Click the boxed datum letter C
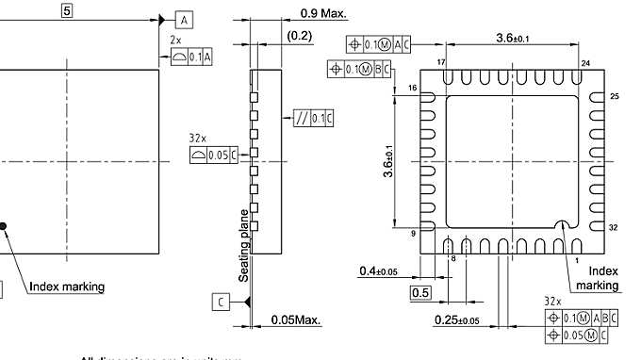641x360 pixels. [220, 302]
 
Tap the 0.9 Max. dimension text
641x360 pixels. [323, 13]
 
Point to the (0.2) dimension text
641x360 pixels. [299, 36]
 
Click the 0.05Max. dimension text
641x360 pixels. [296, 320]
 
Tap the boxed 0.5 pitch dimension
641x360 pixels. [421, 292]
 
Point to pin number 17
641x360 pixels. [440, 62]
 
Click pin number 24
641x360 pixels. [585, 63]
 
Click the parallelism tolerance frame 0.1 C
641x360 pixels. [314, 118]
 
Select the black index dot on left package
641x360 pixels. [3, 225]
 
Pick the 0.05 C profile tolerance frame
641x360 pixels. [211, 155]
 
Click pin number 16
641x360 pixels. [412, 87]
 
